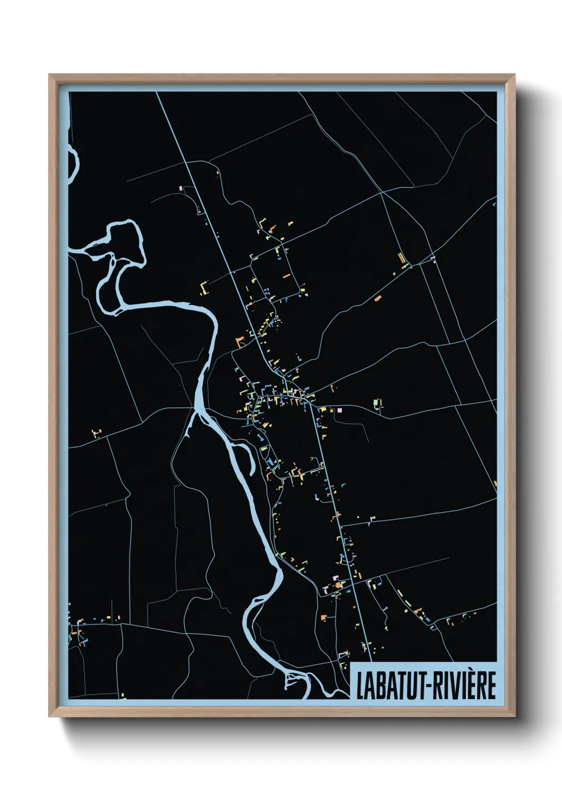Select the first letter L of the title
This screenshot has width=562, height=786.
[x=360, y=686]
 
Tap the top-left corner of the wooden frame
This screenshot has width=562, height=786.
[x=50, y=75]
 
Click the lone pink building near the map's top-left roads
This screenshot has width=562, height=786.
[x=181, y=188]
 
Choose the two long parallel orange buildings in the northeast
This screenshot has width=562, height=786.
[x=402, y=258]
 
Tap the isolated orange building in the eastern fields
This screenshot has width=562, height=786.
[x=378, y=298]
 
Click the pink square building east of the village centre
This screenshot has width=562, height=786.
[x=339, y=410]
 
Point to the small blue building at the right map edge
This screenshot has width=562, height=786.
[x=495, y=203]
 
